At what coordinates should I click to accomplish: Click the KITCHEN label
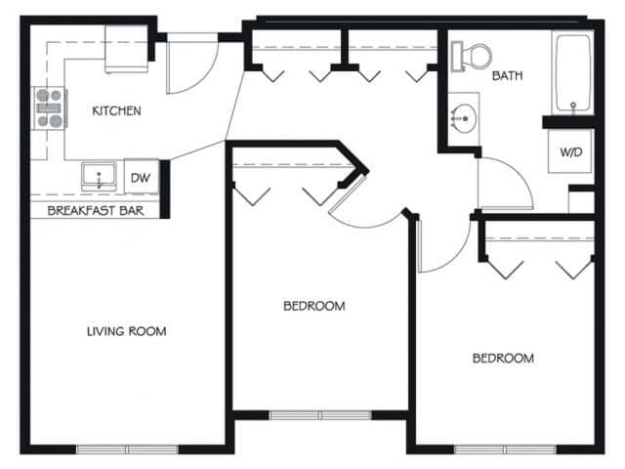116,110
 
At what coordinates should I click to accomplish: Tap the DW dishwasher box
140,177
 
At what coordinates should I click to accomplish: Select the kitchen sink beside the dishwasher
99,177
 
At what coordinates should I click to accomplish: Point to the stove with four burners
50,108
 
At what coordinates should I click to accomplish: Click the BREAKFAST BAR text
90,208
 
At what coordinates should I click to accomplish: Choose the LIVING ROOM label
126,331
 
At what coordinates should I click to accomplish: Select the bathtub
572,73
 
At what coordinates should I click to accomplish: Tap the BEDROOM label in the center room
313,306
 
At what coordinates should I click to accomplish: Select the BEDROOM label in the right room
503,358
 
